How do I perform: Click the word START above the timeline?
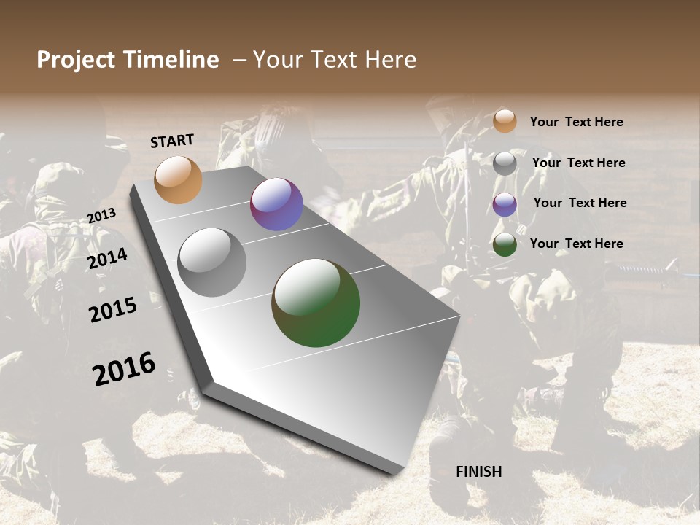click(x=172, y=140)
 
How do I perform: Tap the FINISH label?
click(x=478, y=472)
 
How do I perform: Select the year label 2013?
click(x=101, y=216)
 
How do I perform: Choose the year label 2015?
click(x=112, y=310)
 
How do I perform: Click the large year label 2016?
click(x=124, y=369)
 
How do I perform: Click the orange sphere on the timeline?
click(x=178, y=179)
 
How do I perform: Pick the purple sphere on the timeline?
click(x=276, y=204)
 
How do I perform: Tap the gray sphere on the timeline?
click(x=211, y=262)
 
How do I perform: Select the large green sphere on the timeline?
click(x=316, y=302)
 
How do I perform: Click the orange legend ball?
click(x=505, y=121)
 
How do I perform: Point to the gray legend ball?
click(x=505, y=163)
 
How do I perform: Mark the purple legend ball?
click(x=505, y=204)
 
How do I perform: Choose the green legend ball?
click(x=505, y=244)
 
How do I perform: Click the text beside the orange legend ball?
click(x=576, y=122)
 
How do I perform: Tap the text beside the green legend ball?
click(x=576, y=244)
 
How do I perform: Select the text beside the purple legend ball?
click(x=580, y=203)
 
